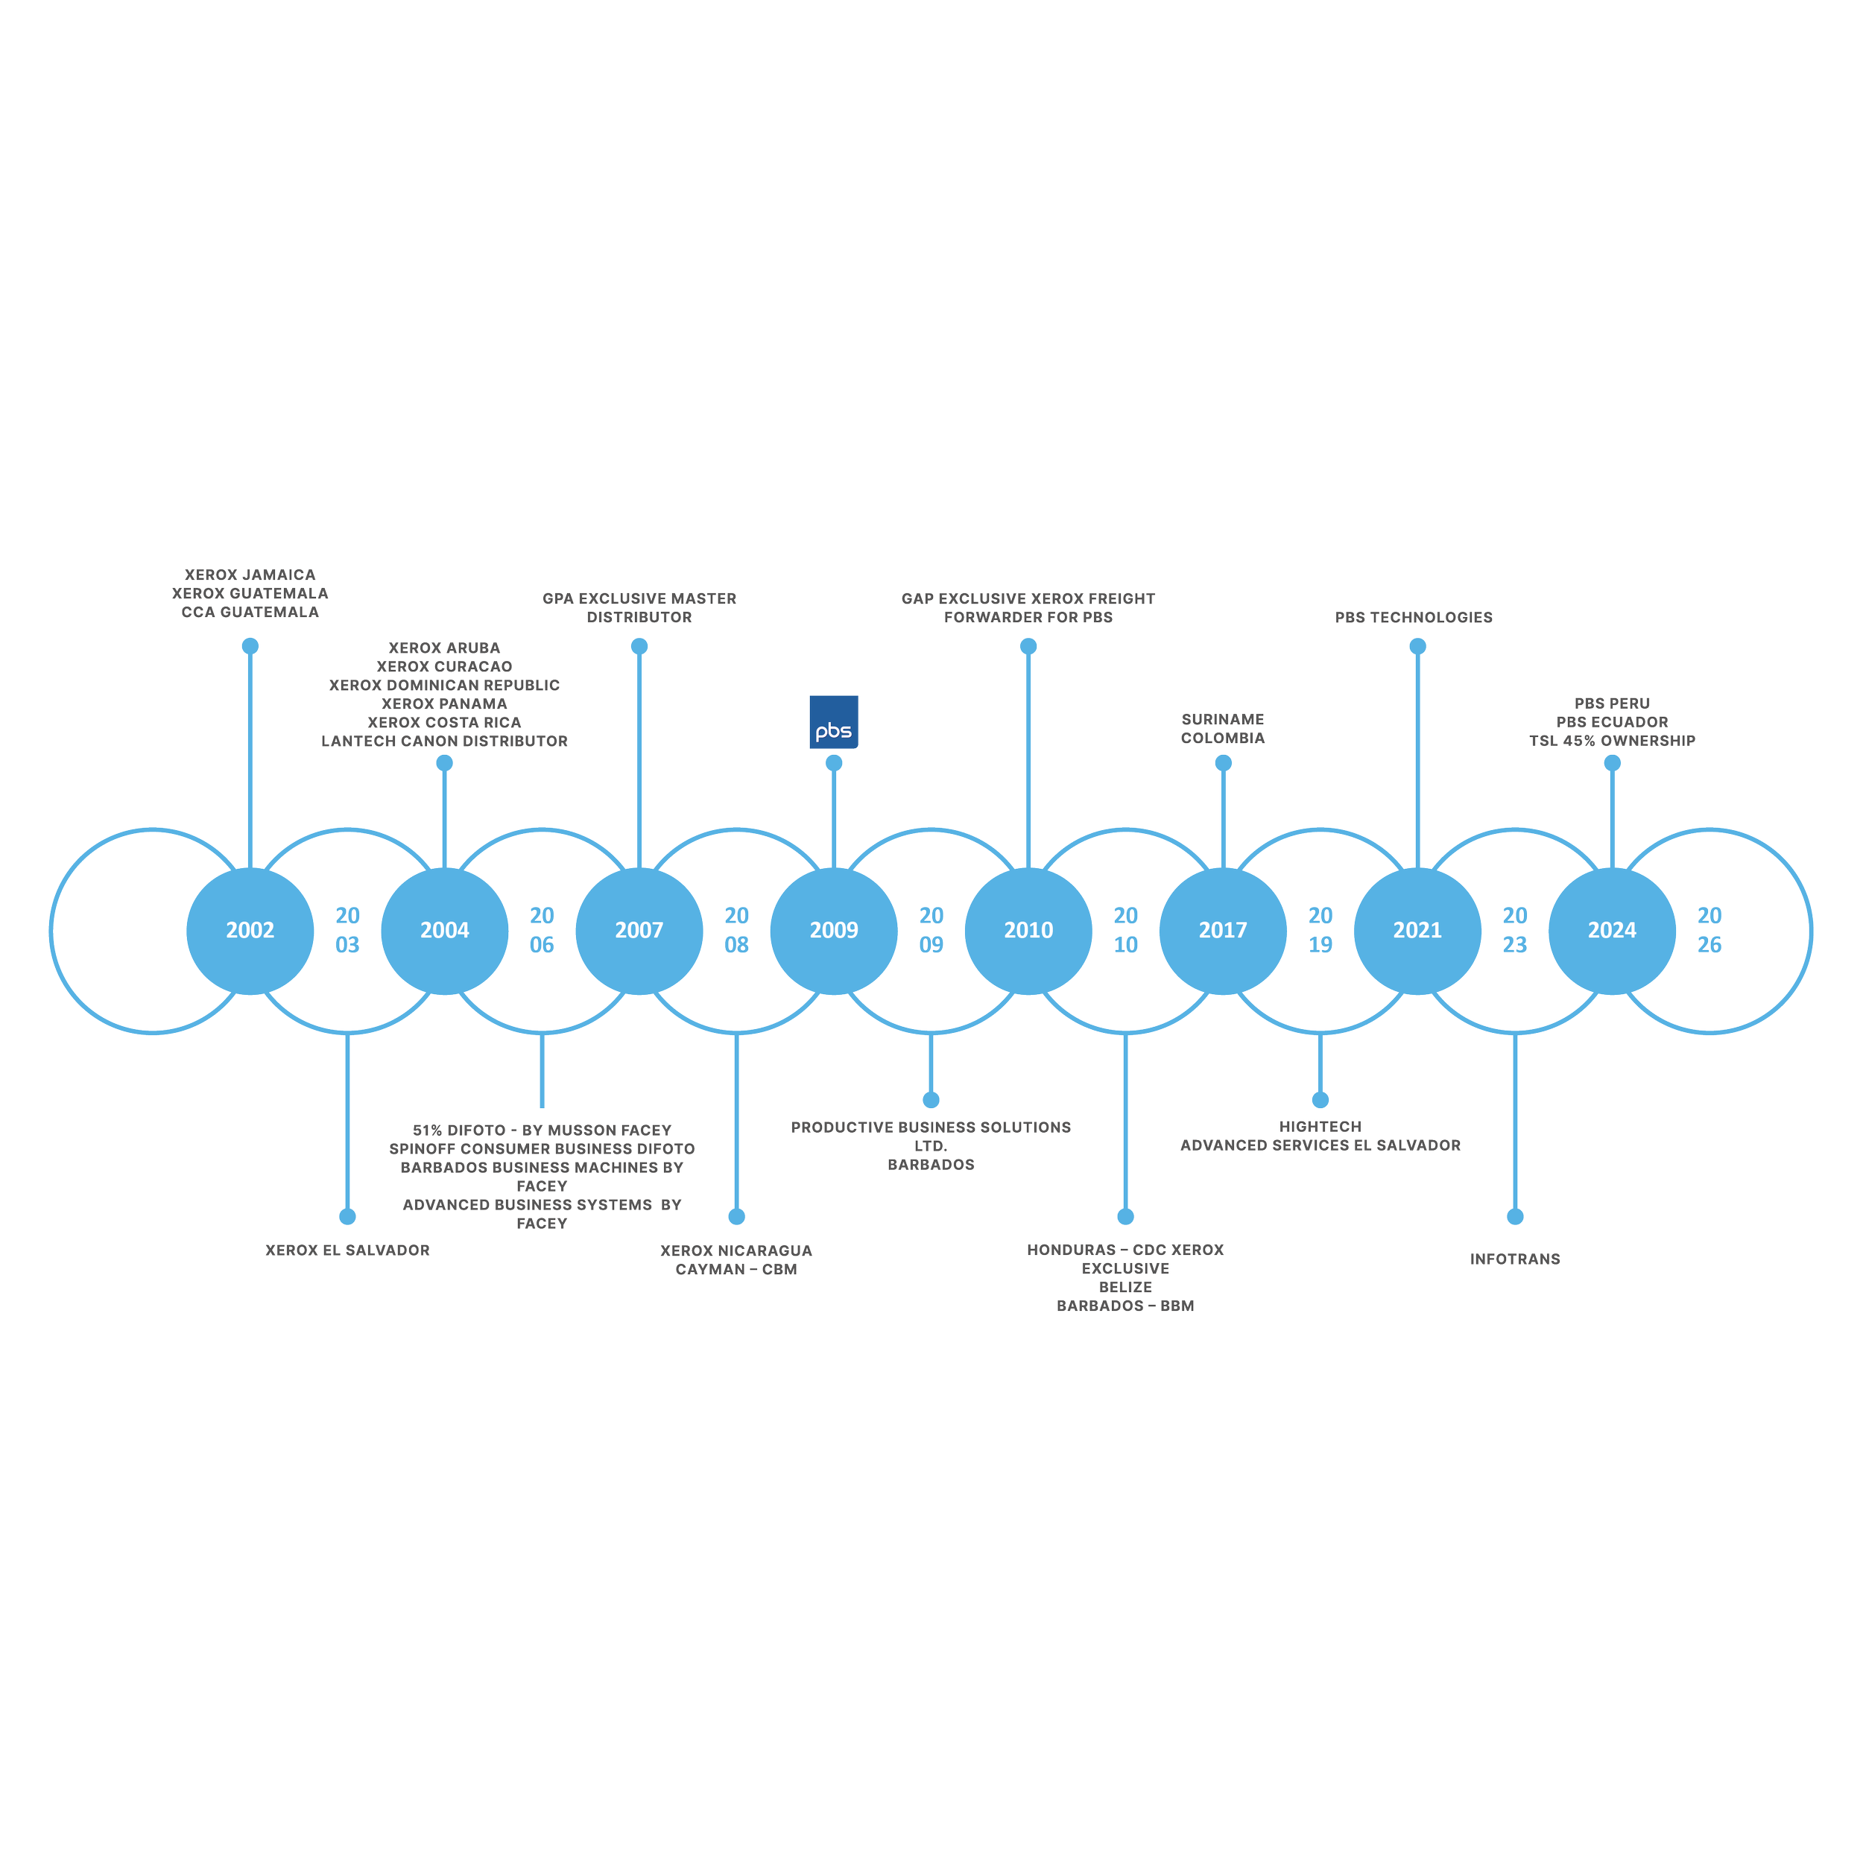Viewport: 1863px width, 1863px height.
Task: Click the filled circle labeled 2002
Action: pos(250,931)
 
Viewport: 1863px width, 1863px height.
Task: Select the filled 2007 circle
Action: pos(639,931)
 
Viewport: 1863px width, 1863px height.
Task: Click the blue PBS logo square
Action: pos(833,721)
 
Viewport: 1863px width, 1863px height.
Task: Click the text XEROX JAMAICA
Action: pos(250,575)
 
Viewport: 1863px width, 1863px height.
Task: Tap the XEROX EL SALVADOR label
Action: pos(347,1250)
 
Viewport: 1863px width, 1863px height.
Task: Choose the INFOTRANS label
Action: pos(1515,1259)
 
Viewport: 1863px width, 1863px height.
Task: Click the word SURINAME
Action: pos(1223,719)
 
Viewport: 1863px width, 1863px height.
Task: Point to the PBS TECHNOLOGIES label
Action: pos(1414,617)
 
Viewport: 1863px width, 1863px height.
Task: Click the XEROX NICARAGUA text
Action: pos(736,1250)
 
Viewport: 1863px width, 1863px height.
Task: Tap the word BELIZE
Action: pos(1125,1287)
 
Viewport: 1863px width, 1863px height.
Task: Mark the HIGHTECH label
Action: pos(1320,1126)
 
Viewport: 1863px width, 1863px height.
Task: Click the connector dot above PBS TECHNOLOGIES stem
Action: pos(1417,646)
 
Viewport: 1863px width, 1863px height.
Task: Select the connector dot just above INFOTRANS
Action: pos(1515,1217)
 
